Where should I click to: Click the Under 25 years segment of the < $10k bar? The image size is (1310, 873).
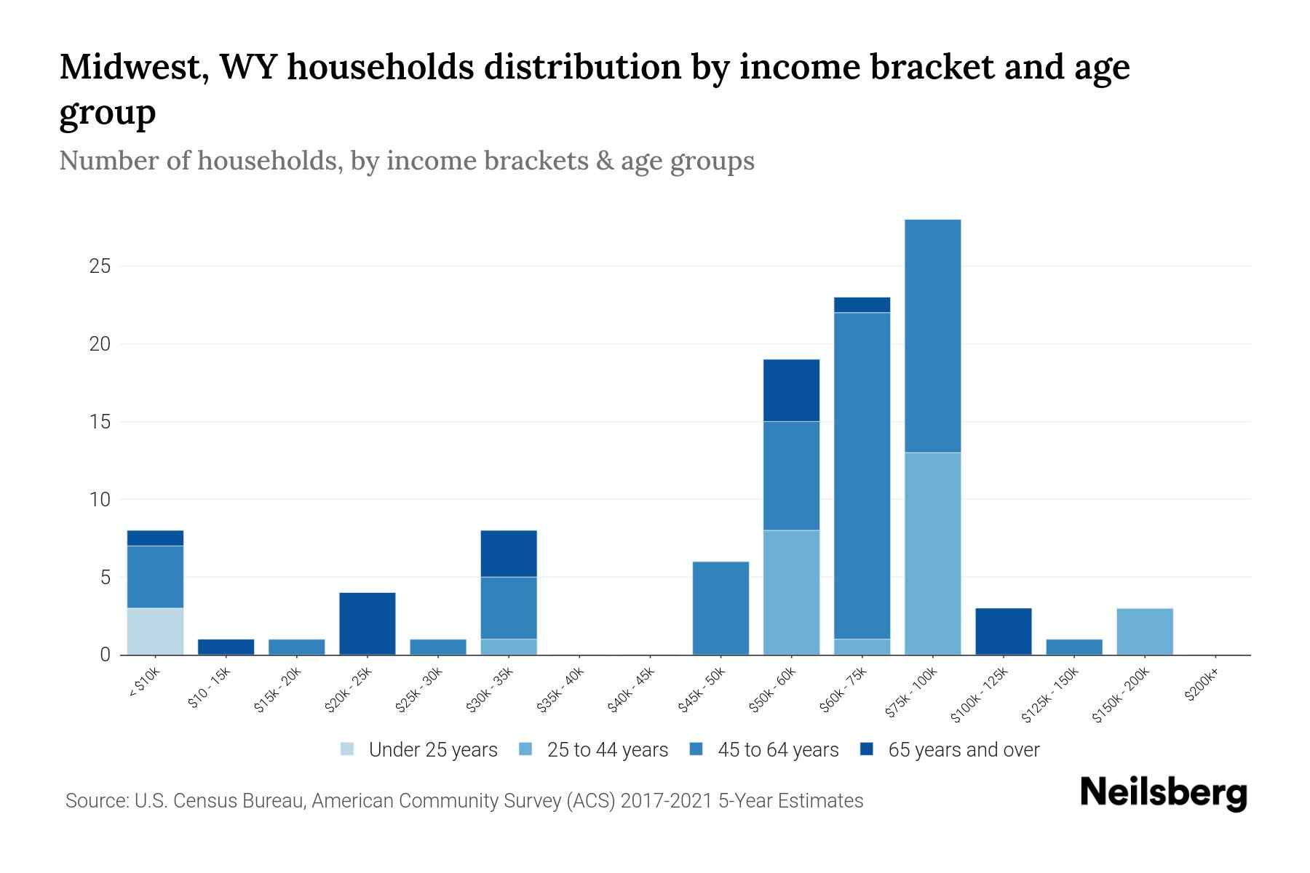click(x=155, y=631)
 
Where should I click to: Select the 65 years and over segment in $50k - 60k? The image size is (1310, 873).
click(x=791, y=390)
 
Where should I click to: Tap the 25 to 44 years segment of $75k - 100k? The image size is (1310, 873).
click(x=932, y=553)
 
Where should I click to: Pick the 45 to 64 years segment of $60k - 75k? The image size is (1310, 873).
click(x=862, y=475)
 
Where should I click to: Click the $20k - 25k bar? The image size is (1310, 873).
click(x=368, y=623)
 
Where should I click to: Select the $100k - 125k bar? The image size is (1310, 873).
click(x=1003, y=631)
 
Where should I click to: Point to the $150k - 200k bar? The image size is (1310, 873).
click(x=1145, y=631)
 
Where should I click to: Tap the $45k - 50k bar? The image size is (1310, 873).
click(x=720, y=607)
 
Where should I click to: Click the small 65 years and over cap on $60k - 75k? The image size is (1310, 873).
click(x=862, y=304)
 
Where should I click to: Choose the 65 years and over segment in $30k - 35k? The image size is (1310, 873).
click(x=509, y=553)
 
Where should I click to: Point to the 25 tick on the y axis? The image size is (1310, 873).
click(x=100, y=266)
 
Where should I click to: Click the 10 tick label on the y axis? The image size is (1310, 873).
click(x=100, y=500)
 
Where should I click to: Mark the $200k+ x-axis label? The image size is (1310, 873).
click(x=1202, y=686)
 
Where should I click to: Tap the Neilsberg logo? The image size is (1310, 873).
click(x=1163, y=793)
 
